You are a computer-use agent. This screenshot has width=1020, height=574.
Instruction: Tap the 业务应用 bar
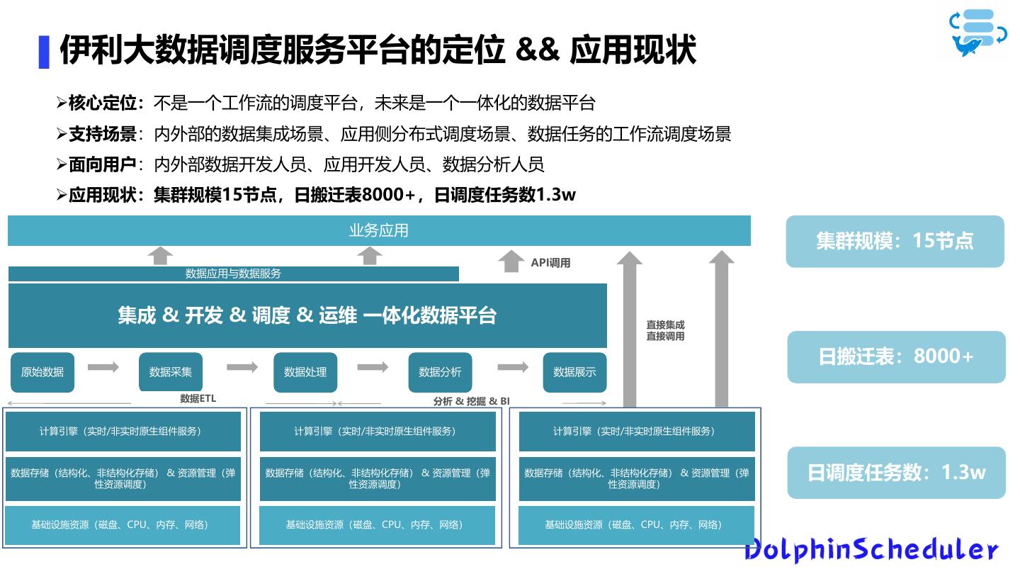coord(379,230)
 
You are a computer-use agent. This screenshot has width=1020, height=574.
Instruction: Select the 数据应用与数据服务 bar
coord(233,274)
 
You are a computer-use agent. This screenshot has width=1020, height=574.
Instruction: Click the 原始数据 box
coord(42,372)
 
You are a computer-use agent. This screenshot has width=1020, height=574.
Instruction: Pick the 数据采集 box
coord(171,372)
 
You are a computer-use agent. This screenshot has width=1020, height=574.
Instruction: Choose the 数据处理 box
coord(305,372)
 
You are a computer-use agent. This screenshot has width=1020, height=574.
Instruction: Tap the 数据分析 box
coord(440,372)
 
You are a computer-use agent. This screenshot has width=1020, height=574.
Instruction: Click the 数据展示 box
coord(574,372)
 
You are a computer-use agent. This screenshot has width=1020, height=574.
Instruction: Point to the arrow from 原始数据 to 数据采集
coord(103,367)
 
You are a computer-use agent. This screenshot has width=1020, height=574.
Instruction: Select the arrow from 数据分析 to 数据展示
coord(513,367)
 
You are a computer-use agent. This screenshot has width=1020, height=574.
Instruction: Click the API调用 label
coord(550,263)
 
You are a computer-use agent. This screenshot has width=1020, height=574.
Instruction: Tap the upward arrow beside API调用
coord(511,261)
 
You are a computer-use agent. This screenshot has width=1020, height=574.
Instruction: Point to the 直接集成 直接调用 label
coord(665,330)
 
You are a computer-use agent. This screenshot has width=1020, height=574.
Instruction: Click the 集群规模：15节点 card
coord(895,241)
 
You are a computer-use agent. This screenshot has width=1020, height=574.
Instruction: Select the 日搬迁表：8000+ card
coord(896,356)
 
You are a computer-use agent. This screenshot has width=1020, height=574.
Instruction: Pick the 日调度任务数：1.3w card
coord(896,473)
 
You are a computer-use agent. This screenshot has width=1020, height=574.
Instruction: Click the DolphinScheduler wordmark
coord(871,549)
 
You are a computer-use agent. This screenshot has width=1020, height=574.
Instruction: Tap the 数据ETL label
coord(198,399)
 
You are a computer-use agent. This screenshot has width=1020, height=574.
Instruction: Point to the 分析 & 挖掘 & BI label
coord(471,401)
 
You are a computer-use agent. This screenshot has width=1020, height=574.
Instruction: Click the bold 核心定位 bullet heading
coord(102,103)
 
